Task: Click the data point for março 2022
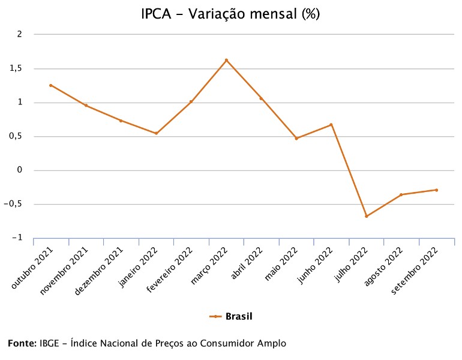point(226,60)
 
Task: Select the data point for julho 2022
point(366,216)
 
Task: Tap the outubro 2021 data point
point(51,85)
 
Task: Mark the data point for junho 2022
point(331,125)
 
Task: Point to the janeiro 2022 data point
point(156,133)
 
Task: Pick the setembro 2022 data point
point(436,190)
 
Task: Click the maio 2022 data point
point(296,139)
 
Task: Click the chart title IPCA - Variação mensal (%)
point(230,14)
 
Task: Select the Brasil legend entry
point(231,316)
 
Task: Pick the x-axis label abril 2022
point(247,264)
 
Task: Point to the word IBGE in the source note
point(50,344)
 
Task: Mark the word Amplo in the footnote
point(272,344)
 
